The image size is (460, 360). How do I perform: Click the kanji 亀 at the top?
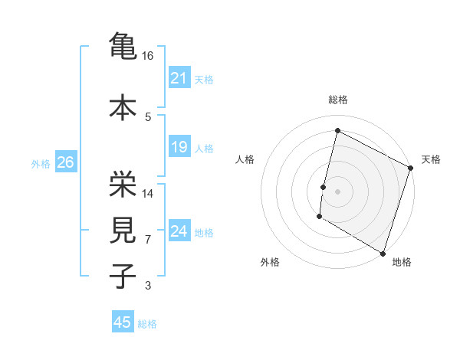(123, 45)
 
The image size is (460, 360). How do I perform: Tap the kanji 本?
(123, 106)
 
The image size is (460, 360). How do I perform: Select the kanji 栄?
(123, 183)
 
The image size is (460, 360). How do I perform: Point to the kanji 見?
(123, 230)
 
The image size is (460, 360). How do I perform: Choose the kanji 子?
(123, 276)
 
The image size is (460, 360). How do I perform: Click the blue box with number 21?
(179, 78)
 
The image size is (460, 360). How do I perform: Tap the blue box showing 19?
(179, 147)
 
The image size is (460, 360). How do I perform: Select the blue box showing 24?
(179, 231)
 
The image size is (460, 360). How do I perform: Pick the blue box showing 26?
(65, 162)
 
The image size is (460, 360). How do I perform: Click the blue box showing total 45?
(123, 322)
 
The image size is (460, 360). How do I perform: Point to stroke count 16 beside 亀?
(148, 56)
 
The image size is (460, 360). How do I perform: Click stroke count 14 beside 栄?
(148, 194)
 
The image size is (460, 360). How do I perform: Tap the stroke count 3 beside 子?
(148, 286)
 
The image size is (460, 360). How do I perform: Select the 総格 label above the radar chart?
(337, 100)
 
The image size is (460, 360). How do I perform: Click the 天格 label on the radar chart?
(431, 159)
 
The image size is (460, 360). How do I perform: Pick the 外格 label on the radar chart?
(270, 263)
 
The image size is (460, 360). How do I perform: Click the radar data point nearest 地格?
(382, 252)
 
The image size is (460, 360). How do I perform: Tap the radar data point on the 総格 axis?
(337, 131)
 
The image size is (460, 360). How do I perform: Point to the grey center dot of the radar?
(337, 191)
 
